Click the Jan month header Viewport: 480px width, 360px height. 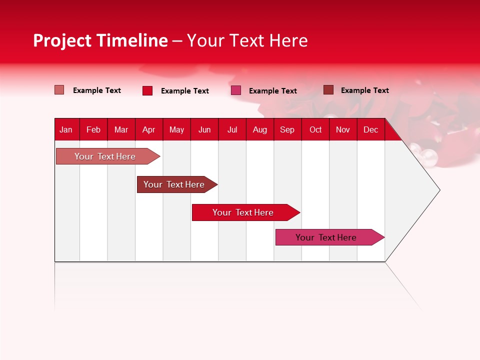pos(66,129)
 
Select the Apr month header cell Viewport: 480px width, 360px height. pos(148,129)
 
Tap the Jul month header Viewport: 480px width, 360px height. pos(232,129)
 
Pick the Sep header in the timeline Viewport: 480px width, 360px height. pos(287,129)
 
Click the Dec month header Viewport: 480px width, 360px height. pos(370,129)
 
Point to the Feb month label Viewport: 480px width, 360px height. pos(93,129)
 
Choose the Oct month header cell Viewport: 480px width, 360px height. pos(315,129)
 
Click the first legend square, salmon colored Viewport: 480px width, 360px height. pos(59,90)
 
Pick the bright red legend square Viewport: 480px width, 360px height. pos(147,90)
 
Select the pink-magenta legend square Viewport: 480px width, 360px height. pos(236,90)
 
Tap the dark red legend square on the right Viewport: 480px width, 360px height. pos(328,90)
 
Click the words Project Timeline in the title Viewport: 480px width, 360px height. pos(100,40)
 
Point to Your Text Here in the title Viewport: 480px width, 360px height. pos(247,40)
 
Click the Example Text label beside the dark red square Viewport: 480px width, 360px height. pos(364,90)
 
